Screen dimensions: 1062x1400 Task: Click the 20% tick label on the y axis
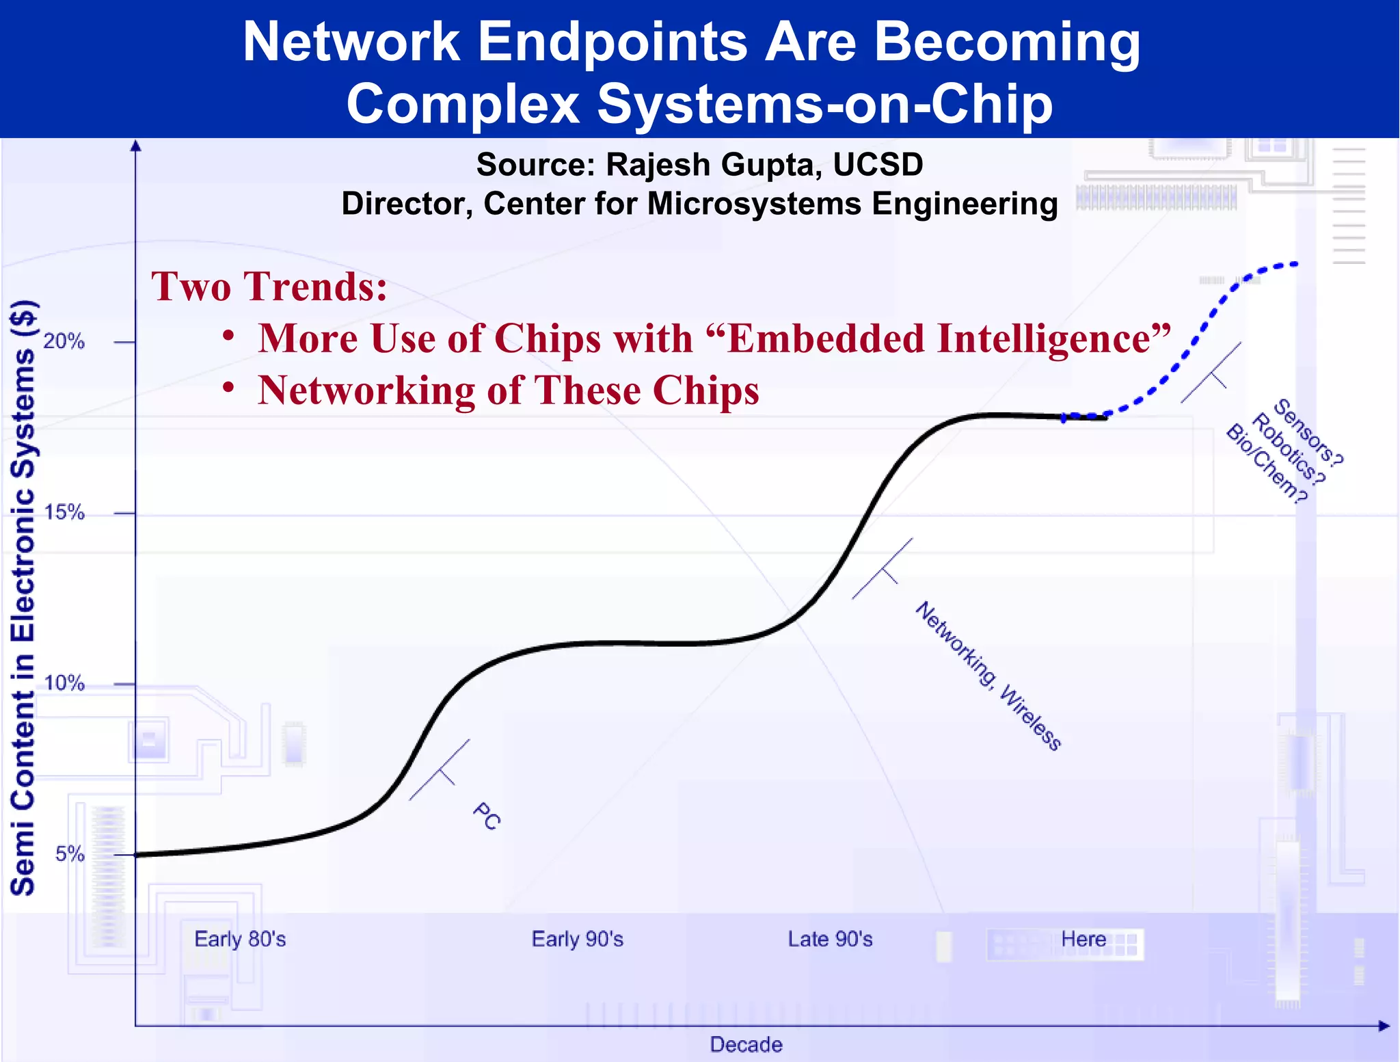click(x=64, y=341)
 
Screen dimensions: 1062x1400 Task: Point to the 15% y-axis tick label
click(x=64, y=512)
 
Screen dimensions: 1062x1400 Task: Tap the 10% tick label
click(x=64, y=683)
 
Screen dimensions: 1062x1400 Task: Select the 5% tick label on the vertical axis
click(x=70, y=854)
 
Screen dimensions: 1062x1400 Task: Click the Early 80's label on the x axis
click(x=240, y=939)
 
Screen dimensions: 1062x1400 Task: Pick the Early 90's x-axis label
click(x=577, y=939)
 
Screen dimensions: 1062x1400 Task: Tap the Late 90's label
click(x=830, y=939)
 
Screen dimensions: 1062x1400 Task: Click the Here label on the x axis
click(x=1083, y=939)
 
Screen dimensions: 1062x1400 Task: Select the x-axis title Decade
click(x=746, y=1044)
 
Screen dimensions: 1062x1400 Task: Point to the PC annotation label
click(x=486, y=817)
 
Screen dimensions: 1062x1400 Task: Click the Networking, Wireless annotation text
click(x=988, y=676)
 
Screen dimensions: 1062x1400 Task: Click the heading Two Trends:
click(x=269, y=286)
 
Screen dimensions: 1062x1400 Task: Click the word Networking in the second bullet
click(x=366, y=390)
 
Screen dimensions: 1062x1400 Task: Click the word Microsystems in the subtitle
click(x=754, y=204)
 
